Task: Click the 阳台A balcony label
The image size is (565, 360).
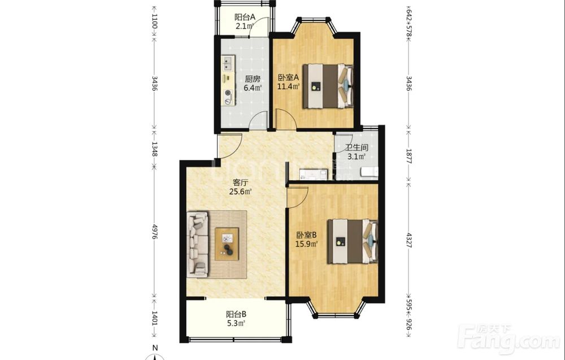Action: pyautogui.click(x=245, y=17)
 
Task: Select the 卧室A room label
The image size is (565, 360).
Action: pyautogui.click(x=288, y=77)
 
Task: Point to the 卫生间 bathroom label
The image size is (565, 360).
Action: pyautogui.click(x=357, y=148)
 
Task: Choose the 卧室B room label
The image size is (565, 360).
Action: pyautogui.click(x=306, y=235)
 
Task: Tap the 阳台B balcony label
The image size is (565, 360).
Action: pyautogui.click(x=236, y=314)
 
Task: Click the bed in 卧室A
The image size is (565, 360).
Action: pyautogui.click(x=328, y=86)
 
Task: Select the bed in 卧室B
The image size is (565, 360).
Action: pyautogui.click(x=353, y=241)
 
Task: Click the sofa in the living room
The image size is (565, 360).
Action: pyautogui.click(x=197, y=244)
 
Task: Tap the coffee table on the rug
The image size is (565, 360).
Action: pyautogui.click(x=227, y=244)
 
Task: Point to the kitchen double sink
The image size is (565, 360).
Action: pyautogui.click(x=228, y=63)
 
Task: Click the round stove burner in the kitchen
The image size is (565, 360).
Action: pyautogui.click(x=228, y=93)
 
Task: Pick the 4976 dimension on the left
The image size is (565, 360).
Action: pyautogui.click(x=155, y=232)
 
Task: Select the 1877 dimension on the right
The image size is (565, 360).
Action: pyautogui.click(x=408, y=155)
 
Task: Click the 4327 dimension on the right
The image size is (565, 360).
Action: pyautogui.click(x=408, y=240)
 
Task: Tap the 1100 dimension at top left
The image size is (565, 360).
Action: pyautogui.click(x=155, y=21)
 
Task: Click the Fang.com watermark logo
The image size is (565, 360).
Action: pyautogui.click(x=508, y=339)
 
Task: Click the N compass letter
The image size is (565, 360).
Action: pyautogui.click(x=155, y=348)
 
